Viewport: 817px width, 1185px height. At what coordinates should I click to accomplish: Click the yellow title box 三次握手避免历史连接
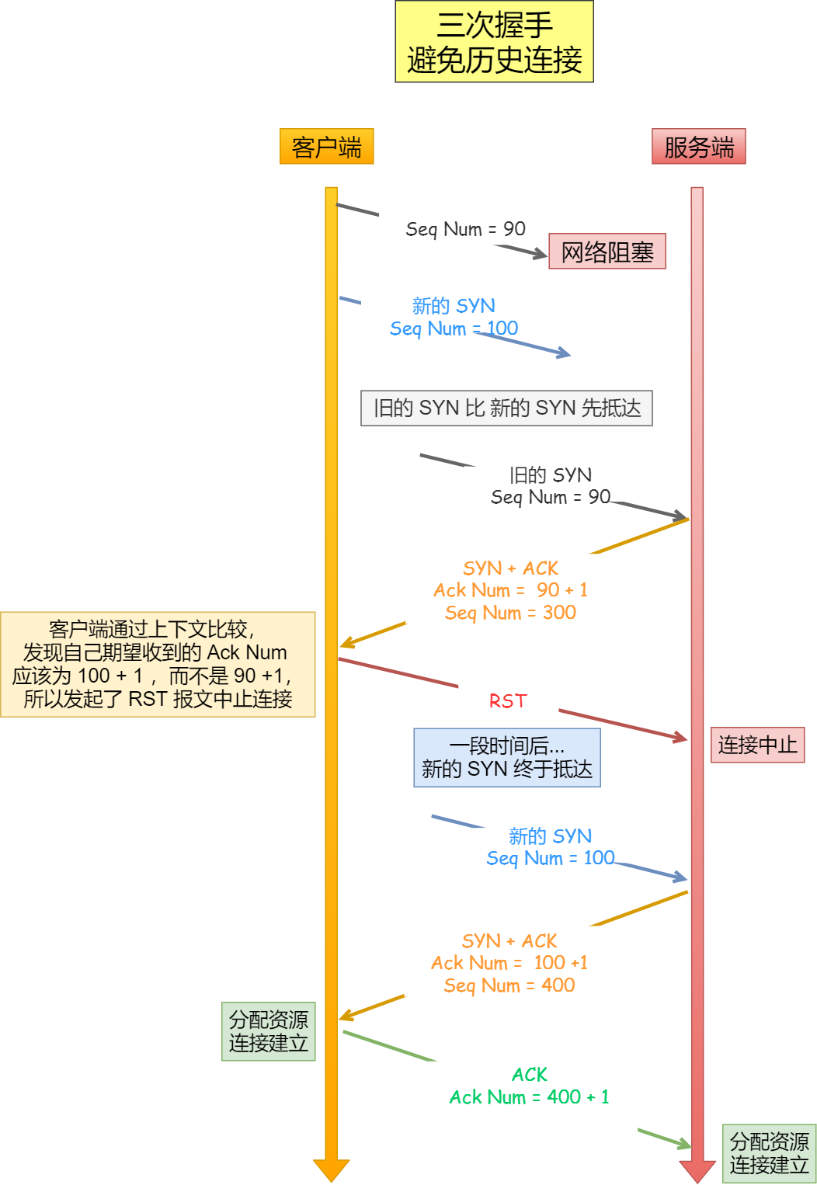pos(494,42)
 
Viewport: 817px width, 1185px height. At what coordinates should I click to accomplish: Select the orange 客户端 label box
pos(326,147)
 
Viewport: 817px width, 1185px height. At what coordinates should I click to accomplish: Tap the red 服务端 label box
pos(698,147)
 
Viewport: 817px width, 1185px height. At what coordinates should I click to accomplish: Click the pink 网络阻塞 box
pos(607,252)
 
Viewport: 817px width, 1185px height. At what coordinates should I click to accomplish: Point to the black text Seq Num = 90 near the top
pos(465,229)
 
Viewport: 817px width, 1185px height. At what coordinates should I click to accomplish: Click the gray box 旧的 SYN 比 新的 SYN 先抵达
pos(506,408)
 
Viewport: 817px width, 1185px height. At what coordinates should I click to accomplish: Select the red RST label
pos(507,701)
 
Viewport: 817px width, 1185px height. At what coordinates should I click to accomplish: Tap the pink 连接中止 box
pos(757,745)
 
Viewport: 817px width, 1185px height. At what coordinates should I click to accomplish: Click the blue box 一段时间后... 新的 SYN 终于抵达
pos(506,758)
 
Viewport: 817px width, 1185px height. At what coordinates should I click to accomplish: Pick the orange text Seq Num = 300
pos(510,613)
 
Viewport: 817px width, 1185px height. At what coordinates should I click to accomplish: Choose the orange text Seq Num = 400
pos(509,985)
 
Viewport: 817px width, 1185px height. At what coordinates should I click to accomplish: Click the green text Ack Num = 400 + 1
pos(529,1097)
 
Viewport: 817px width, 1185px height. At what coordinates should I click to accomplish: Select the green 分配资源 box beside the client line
pos(268,1031)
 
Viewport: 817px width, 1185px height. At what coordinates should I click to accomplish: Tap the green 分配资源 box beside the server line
pos(769,1154)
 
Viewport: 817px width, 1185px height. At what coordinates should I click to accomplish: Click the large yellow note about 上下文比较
pos(158,665)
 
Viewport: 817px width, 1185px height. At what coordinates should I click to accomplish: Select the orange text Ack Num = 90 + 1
pos(510,590)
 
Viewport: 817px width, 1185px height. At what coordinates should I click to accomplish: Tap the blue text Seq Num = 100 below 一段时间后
pos(550,858)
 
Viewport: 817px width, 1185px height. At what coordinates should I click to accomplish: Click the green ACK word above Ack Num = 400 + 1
pos(529,1075)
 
